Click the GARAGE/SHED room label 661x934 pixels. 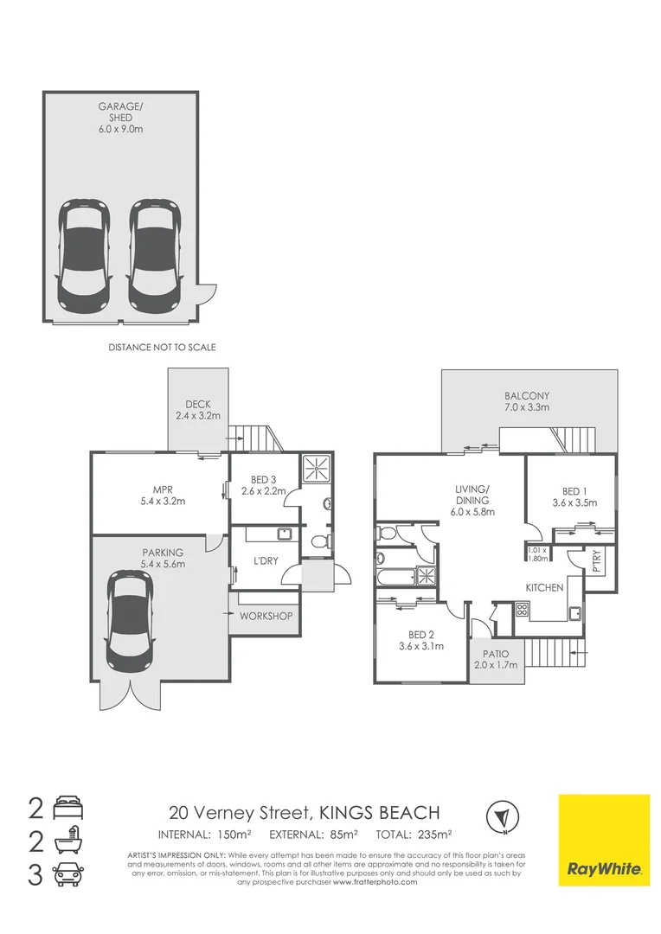pos(120,116)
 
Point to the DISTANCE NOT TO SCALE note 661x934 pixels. pos(162,347)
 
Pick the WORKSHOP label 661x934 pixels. pos(266,617)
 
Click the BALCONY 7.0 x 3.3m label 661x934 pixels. pos(528,400)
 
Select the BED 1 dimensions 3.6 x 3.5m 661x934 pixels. pos(574,502)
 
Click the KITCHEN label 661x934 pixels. pos(545,587)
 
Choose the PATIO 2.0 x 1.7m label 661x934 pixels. pos(496,659)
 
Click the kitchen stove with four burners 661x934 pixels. pos(522,608)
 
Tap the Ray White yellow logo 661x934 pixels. pos(604,840)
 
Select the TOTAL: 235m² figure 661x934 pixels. pos(414,835)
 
